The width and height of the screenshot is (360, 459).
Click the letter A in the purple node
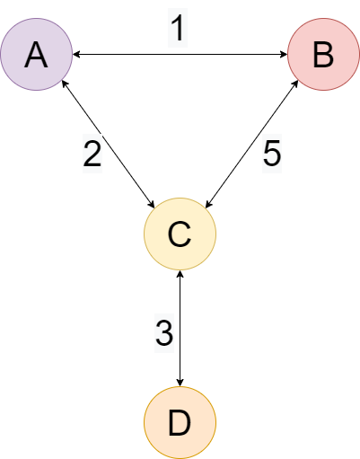pos(36,55)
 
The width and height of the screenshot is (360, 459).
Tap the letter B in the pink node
pos(323,55)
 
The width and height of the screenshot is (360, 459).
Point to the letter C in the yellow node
pos(180,234)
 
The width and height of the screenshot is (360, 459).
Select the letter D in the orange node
pos(180,422)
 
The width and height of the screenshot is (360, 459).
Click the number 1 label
pos(179,28)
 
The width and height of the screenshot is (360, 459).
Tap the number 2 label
pos(92,154)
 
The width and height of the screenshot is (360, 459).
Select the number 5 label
pos(272,154)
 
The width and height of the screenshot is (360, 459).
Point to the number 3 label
pos(163,333)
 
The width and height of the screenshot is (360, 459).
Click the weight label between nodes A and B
pos(179,28)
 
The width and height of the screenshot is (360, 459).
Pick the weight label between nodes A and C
pos(92,154)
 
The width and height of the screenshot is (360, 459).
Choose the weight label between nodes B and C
pos(272,154)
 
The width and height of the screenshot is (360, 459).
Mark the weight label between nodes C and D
pos(163,333)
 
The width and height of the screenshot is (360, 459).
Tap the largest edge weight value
pos(272,154)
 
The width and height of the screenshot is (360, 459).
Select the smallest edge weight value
pos(179,28)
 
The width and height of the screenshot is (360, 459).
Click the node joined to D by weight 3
pos(180,234)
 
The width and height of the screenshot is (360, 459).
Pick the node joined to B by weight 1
pos(36,55)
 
